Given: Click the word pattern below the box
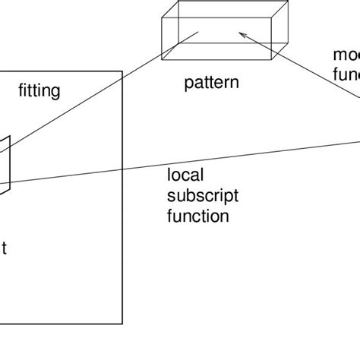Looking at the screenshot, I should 210,83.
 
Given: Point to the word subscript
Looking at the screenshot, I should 203,196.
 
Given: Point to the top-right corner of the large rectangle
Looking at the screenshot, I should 122,71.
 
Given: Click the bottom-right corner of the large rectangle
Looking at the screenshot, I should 122,324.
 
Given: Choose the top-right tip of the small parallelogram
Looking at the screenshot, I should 9,137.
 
